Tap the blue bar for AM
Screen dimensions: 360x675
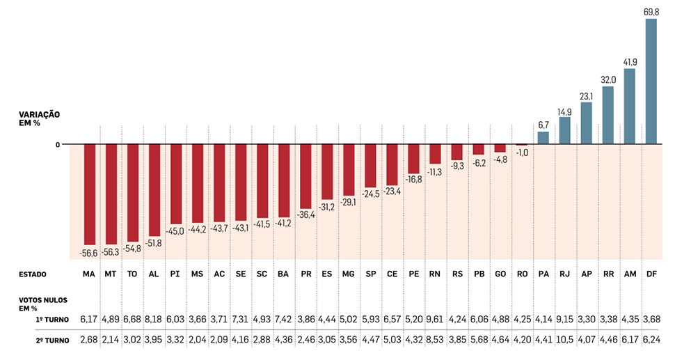pos(630,106)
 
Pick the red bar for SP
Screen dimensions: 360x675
pos(370,166)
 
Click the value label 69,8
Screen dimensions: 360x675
pos(651,12)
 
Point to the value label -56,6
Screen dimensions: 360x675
pos(89,251)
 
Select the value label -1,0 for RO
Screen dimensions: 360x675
pos(522,152)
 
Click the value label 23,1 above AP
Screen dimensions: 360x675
pos(587,96)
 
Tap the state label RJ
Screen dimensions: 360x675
pos(565,274)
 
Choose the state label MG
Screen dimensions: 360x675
pos(349,274)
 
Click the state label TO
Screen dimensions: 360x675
pos(132,274)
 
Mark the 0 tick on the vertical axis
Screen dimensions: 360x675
pos(58,144)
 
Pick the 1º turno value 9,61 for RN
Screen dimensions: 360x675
pos(435,319)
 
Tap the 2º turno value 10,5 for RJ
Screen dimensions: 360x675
pos(565,341)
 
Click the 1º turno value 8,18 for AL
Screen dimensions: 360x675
pos(154,319)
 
